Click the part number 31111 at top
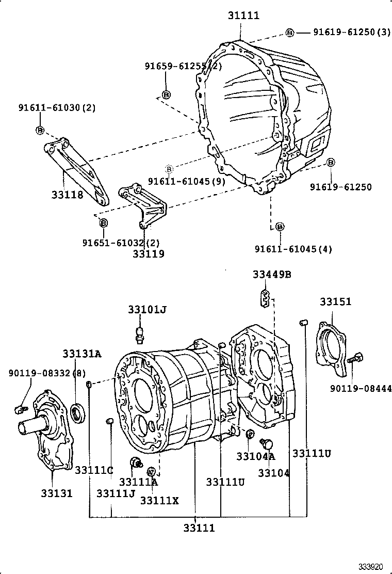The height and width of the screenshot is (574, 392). (x=243, y=16)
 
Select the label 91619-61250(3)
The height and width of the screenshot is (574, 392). (x=352, y=32)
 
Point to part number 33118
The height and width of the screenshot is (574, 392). (x=67, y=195)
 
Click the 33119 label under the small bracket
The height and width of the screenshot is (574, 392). (x=149, y=253)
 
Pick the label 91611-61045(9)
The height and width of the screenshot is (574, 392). (x=186, y=181)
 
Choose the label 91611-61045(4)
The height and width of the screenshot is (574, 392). (x=293, y=249)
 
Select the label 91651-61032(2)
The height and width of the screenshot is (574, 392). (x=121, y=242)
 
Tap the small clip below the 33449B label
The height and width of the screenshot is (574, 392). (x=265, y=298)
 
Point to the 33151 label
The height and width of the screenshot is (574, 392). (x=335, y=301)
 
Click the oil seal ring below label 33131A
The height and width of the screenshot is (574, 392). (x=78, y=413)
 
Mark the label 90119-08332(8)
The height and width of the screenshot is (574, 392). (x=47, y=373)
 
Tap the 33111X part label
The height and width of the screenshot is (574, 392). (x=159, y=500)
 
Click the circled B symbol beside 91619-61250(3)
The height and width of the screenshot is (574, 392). (x=290, y=33)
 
